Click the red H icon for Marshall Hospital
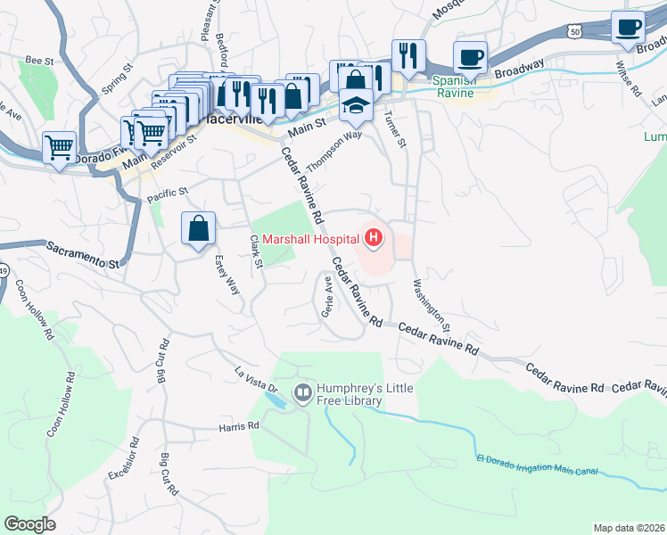click(374, 238)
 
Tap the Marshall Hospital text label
click(309, 238)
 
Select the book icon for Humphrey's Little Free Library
click(303, 392)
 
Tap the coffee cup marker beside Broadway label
click(470, 58)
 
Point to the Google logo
click(30, 524)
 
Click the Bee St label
click(39, 60)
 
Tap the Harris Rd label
click(238, 427)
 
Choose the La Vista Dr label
click(256, 382)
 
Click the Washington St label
click(432, 307)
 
